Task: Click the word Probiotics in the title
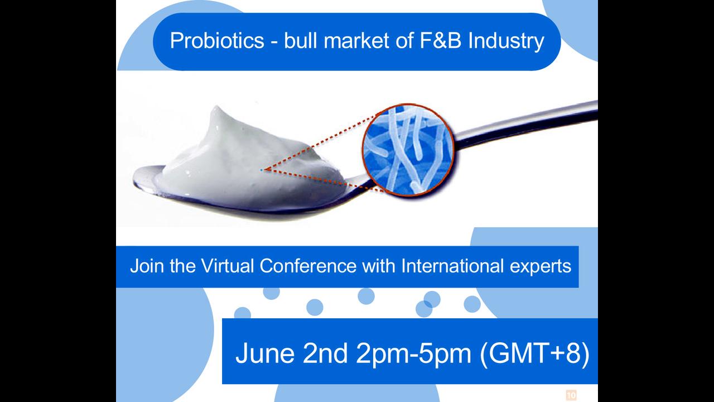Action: [217, 41]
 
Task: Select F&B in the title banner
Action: [440, 40]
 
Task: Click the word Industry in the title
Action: [506, 41]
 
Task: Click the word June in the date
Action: [265, 353]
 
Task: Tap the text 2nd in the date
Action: [325, 353]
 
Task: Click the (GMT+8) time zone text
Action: [534, 354]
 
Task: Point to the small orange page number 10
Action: [571, 395]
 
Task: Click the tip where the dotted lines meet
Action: [262, 170]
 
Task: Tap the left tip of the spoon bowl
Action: [133, 182]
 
